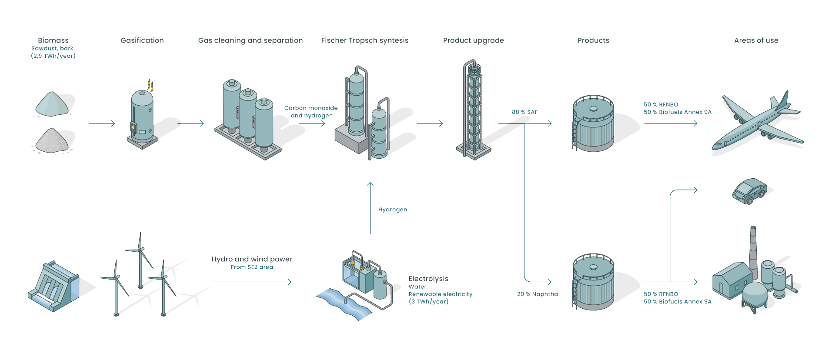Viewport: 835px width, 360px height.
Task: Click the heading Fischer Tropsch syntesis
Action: point(364,40)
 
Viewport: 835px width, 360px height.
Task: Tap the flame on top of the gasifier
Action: point(150,85)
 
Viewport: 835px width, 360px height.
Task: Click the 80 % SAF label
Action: point(524,112)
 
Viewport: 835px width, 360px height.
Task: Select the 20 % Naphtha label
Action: point(537,294)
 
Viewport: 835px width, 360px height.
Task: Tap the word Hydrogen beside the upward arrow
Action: point(392,210)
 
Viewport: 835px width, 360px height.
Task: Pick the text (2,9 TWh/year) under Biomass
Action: point(53,56)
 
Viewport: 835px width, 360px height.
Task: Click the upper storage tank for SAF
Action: point(593,124)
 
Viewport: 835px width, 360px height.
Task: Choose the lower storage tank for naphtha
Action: point(593,282)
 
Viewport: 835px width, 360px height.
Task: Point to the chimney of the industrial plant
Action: point(753,248)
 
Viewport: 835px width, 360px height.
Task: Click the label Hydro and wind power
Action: point(252,259)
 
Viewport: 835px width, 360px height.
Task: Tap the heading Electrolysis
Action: point(428,279)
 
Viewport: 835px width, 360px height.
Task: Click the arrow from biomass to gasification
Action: point(101,123)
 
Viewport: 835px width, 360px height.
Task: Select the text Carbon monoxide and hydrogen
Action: point(311,112)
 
